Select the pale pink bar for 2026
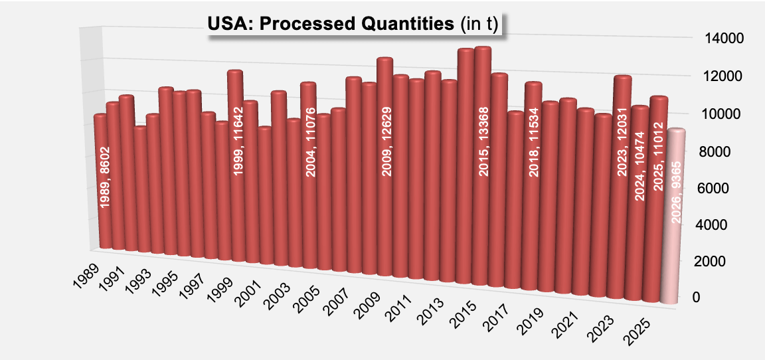(x=677, y=219)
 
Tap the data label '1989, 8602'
(x=105, y=177)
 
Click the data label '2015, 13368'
(x=483, y=141)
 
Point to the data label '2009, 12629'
(x=386, y=141)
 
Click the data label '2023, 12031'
(x=622, y=141)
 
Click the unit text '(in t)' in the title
(x=479, y=25)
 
